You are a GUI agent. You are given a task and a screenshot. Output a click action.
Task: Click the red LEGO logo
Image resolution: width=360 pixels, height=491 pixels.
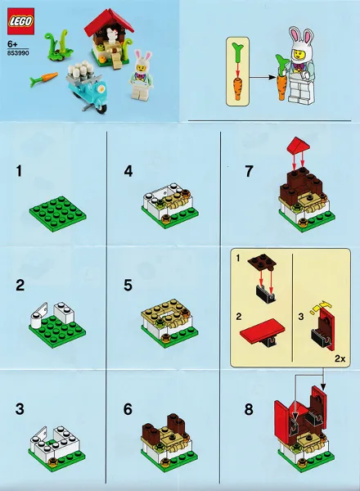click(x=20, y=21)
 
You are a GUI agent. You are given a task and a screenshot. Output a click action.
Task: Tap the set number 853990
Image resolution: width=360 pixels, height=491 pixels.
click(x=18, y=53)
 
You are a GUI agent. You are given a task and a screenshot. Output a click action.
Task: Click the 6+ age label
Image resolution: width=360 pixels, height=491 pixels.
click(x=12, y=44)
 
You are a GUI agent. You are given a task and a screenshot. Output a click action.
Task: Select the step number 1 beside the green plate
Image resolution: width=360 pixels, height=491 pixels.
click(x=19, y=171)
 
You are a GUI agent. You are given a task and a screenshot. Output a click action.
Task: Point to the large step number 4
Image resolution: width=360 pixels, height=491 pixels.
click(x=128, y=171)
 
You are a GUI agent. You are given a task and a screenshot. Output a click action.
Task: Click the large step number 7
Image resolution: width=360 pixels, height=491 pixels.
click(x=249, y=171)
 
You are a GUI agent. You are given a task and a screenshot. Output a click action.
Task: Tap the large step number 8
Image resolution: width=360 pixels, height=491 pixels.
click(x=249, y=409)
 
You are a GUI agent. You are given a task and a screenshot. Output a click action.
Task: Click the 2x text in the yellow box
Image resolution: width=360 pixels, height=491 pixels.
click(x=340, y=358)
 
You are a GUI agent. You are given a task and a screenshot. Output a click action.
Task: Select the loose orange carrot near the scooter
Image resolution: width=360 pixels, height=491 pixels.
click(x=44, y=79)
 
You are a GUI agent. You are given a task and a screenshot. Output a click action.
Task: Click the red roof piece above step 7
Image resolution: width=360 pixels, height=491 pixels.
click(x=298, y=146)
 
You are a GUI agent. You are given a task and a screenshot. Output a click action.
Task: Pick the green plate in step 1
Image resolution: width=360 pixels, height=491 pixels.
click(x=58, y=214)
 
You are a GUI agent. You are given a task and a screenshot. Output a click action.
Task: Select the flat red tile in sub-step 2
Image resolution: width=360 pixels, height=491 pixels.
click(x=263, y=329)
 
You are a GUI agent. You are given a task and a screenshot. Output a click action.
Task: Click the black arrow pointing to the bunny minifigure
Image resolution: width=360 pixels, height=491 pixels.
click(x=263, y=77)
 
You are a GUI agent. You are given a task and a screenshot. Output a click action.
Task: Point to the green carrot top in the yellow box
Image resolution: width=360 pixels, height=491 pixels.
click(x=237, y=51)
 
